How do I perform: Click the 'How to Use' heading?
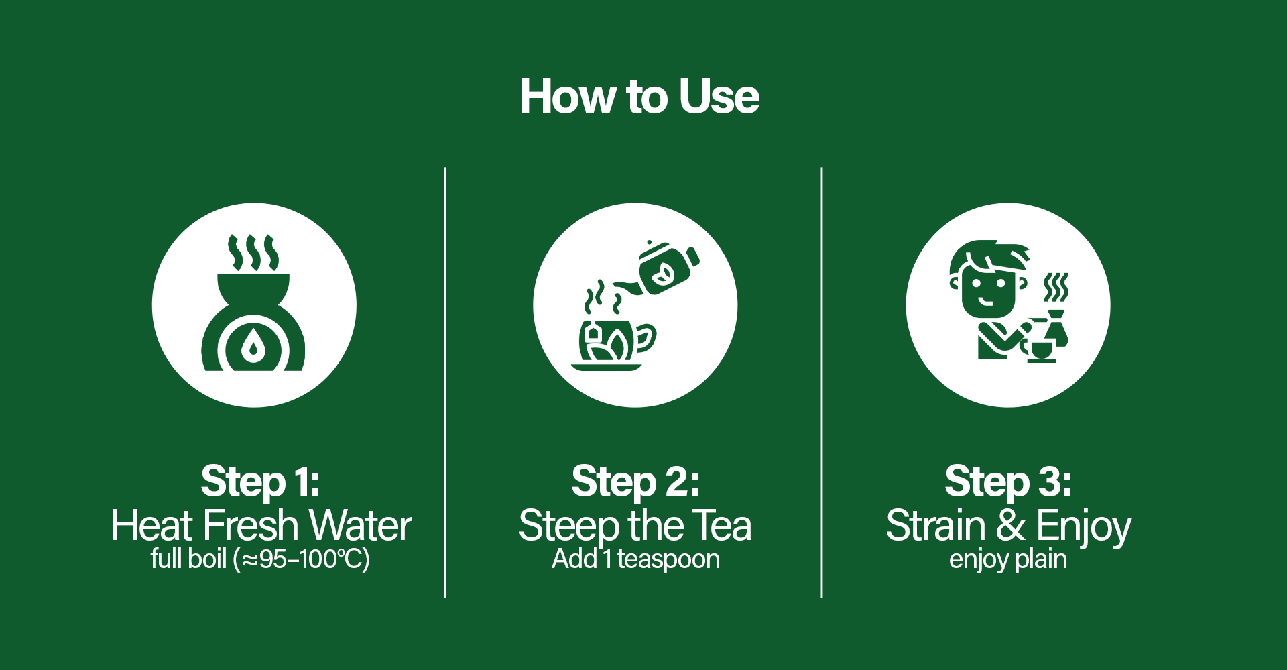pos(639,97)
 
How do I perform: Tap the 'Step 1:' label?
pos(261,482)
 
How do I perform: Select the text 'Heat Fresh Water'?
pos(261,525)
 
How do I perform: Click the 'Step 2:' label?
pos(635,482)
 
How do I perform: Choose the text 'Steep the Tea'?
pos(635,526)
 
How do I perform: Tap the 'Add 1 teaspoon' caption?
pos(635,559)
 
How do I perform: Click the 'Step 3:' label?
pos(1008,482)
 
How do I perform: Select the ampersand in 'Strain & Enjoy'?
pos(1011,525)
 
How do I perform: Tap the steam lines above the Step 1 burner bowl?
pos(253,253)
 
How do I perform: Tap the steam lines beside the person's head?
pos(1056,288)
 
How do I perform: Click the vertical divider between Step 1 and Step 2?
pos(444,382)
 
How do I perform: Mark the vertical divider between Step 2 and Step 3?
pos(821,382)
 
